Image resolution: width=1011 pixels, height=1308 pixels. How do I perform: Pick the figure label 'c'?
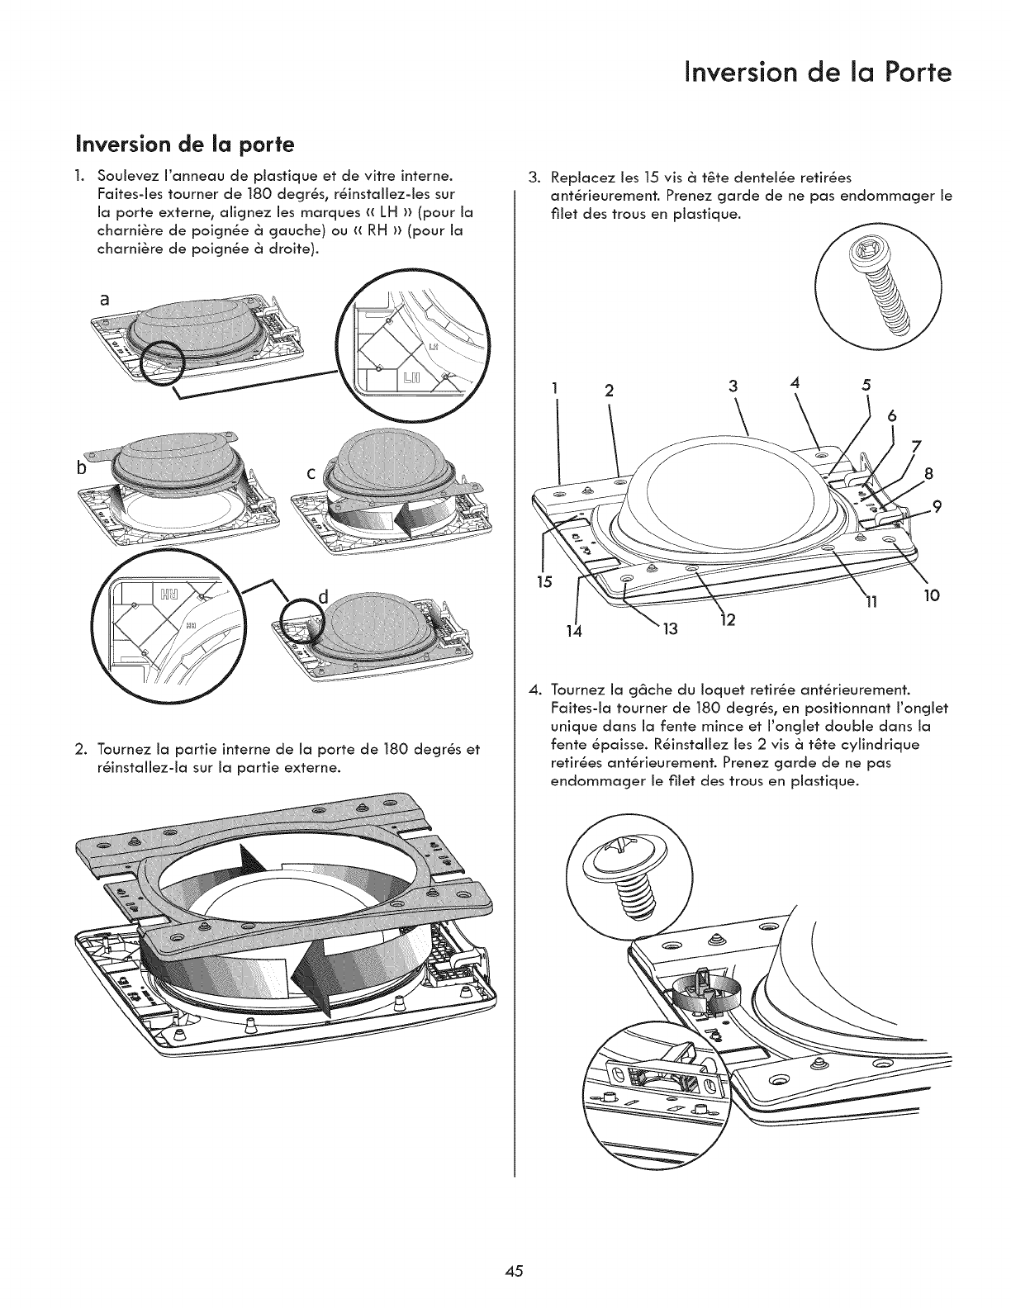coord(311,476)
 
